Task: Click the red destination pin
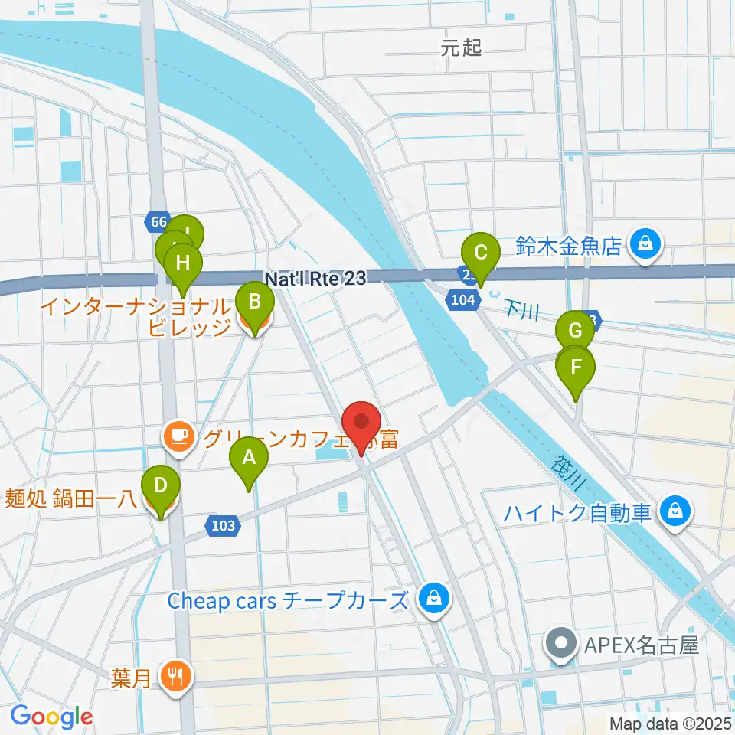(361, 423)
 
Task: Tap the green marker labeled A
(249, 459)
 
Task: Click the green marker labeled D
(161, 487)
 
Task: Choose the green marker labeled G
(575, 332)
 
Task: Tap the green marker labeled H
(182, 265)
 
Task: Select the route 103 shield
(220, 526)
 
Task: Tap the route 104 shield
(463, 300)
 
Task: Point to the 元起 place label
(462, 49)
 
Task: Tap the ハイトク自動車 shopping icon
(676, 510)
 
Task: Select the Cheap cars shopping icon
(433, 598)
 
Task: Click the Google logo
(51, 717)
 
